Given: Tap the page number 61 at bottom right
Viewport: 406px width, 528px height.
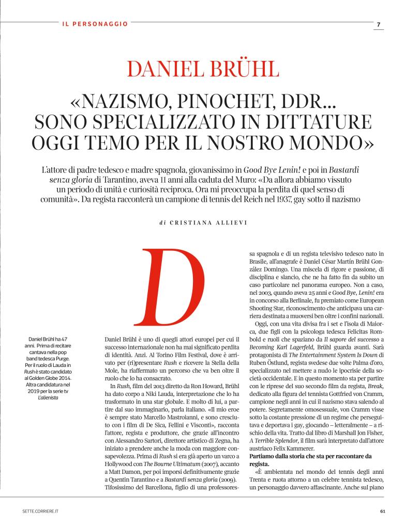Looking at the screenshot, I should pos(382,511).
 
